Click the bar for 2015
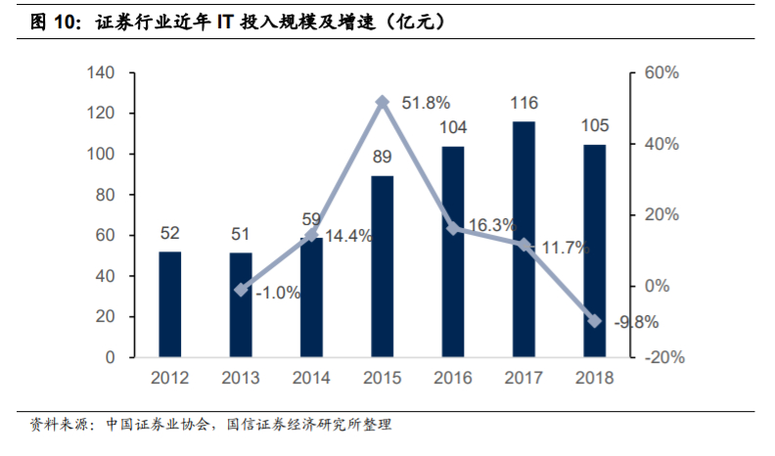(x=383, y=266)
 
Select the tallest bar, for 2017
(x=524, y=239)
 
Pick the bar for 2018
(x=595, y=251)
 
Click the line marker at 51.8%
(x=383, y=102)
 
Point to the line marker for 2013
(x=241, y=290)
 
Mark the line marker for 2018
(x=595, y=321)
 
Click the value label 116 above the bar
(x=524, y=103)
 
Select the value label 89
(x=383, y=158)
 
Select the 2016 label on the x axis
(x=453, y=378)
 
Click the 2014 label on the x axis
(x=311, y=378)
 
